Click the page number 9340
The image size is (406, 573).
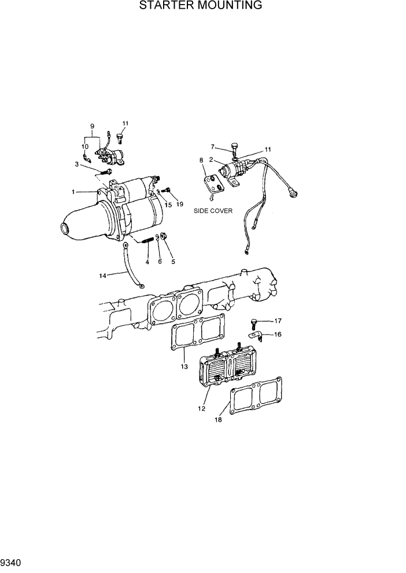coord(12,561)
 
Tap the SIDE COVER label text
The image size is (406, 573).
coord(213,211)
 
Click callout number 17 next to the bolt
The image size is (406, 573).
coord(278,321)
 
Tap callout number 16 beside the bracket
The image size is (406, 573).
coord(278,334)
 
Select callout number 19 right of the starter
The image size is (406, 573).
coord(179,204)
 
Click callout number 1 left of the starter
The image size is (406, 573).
coord(73,191)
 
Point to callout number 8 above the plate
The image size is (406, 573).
coord(201,160)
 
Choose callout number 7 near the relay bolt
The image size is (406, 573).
coord(212,146)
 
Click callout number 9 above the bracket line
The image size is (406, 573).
coord(92,126)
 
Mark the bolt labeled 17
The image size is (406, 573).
coord(254,321)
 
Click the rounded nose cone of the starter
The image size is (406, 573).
coord(72,226)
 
